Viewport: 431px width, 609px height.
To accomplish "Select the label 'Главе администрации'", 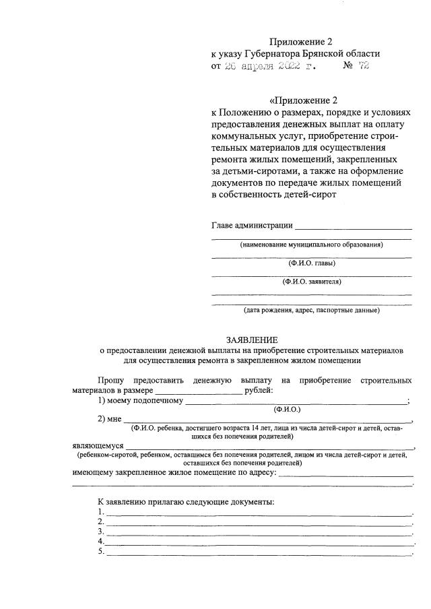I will coord(252,225).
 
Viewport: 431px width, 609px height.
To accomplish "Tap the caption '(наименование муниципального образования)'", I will coord(311,245).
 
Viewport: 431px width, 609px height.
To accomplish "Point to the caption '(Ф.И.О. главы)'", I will coord(311,263).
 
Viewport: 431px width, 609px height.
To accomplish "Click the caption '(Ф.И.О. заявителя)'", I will coord(311,282).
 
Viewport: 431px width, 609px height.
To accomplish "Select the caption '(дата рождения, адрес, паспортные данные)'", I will coord(311,311).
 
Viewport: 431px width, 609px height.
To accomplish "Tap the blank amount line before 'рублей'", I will coord(199,391).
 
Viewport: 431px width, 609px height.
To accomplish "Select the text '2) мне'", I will coord(108,420).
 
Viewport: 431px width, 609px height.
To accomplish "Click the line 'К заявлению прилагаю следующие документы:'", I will coord(185,503).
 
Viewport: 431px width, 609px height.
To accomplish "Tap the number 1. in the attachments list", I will coord(100,512).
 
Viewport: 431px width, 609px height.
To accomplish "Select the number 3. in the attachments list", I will coord(100,532).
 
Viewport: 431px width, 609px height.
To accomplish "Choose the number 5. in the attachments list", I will coord(100,552).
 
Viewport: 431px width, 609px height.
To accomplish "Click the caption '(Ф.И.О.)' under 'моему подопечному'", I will coord(287,410).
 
